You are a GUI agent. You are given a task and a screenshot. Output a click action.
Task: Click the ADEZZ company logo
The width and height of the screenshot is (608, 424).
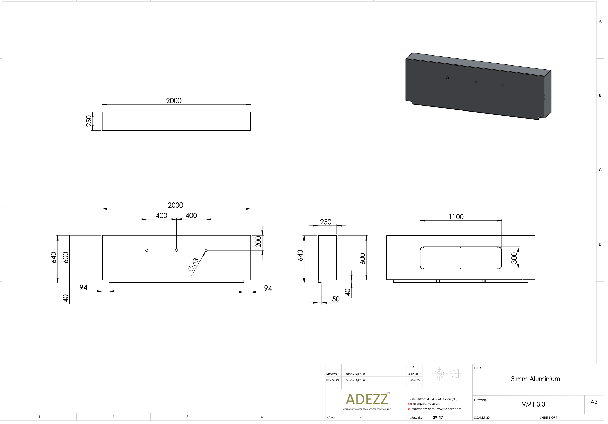pos(367,399)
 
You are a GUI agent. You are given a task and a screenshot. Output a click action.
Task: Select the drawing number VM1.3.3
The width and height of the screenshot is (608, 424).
pos(533,404)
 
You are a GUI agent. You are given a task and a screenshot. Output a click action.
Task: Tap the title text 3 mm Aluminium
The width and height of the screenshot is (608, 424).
pos(535,379)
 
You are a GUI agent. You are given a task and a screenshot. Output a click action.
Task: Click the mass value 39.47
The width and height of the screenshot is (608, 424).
pos(438,417)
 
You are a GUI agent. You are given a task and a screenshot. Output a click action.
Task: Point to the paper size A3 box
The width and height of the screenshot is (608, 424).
pos(594,402)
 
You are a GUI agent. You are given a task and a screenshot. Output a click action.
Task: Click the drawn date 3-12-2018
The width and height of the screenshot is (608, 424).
pos(414,374)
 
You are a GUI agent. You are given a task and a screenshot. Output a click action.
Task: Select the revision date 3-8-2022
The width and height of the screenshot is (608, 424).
pos(414,380)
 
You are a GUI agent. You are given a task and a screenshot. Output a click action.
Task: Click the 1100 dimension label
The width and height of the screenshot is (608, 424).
pos(456,217)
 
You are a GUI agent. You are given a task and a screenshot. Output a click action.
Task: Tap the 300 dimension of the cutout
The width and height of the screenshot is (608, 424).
pos(514,258)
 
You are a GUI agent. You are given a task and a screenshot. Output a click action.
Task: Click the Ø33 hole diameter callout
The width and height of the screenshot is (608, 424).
pos(194,265)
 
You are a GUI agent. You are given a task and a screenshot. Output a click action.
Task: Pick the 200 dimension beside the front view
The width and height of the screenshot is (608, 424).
pos(259,242)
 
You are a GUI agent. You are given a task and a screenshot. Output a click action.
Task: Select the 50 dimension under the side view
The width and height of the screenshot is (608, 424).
pos(336,299)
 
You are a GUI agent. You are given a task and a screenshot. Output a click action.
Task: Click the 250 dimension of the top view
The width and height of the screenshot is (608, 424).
pos(89,121)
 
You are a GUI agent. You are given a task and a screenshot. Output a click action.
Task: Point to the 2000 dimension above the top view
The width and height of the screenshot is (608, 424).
pos(174,101)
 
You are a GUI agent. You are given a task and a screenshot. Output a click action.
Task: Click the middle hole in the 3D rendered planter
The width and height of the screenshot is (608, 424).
pos(475,81)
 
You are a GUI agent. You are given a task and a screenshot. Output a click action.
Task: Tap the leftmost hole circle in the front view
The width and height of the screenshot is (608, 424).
pos(147,250)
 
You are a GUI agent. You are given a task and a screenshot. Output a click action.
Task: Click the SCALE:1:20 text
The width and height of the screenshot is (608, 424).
pos(482,418)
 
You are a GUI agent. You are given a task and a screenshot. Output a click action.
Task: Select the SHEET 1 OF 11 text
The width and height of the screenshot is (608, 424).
pos(549,418)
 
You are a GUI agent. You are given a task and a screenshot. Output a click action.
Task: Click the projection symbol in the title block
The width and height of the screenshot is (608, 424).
pos(447,374)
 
